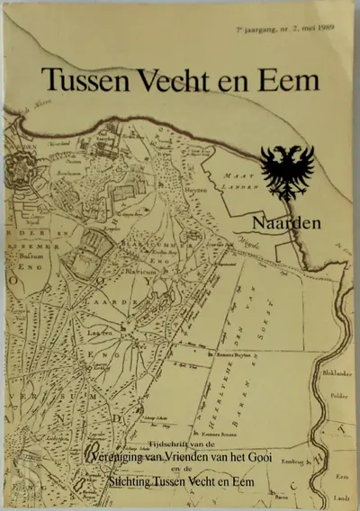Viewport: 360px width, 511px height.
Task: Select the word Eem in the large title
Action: point(289,81)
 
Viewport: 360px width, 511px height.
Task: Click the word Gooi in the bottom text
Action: point(265,457)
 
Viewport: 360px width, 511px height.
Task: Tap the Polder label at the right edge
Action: point(342,393)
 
